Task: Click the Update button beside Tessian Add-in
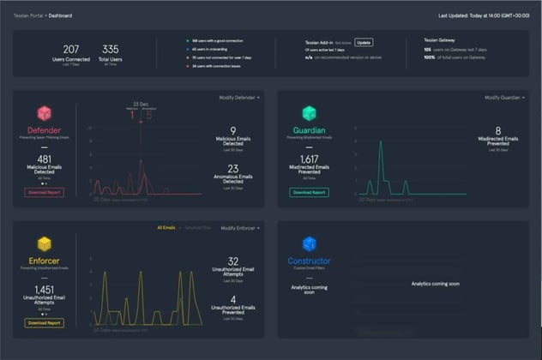[364, 42]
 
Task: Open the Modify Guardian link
[503, 98]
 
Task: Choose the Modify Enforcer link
[240, 228]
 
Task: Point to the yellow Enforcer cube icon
[44, 245]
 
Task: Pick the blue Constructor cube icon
[309, 245]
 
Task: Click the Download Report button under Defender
[44, 193]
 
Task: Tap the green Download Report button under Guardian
[309, 193]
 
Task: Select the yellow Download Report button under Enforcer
[44, 323]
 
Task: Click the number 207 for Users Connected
[71, 49]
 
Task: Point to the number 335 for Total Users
[110, 49]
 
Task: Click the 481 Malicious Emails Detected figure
[44, 159]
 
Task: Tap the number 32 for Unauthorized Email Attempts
[233, 261]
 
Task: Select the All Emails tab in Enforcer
[166, 228]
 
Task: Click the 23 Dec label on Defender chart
[142, 104]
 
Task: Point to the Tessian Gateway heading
[443, 39]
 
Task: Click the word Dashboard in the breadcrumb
[61, 15]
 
